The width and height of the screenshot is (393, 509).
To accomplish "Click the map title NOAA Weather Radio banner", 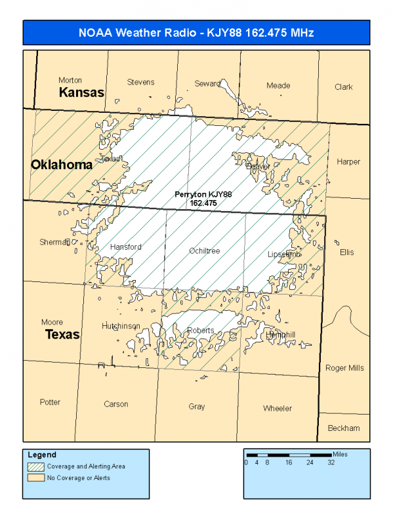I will click(x=196, y=32).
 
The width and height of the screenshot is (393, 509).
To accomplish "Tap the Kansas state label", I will click(x=81, y=92).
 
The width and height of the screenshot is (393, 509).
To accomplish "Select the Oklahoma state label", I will click(x=62, y=165).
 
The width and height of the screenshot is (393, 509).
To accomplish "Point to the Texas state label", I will click(x=62, y=335).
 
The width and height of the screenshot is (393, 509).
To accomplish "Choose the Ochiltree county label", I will click(x=204, y=251).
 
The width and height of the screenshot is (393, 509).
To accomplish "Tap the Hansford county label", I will click(x=125, y=247).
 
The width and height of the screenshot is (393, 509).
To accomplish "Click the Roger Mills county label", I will click(x=344, y=368).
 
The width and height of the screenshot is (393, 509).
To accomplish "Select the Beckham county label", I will click(x=344, y=428).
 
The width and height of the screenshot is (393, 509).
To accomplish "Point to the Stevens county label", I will click(x=140, y=82).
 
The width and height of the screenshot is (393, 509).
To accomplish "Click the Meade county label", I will click(x=278, y=86).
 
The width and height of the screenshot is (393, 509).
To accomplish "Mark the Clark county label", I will click(x=343, y=87).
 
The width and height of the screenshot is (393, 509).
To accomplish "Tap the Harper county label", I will click(x=348, y=162).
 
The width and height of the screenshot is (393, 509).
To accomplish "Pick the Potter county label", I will click(x=50, y=402).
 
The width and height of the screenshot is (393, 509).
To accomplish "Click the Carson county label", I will click(x=116, y=404).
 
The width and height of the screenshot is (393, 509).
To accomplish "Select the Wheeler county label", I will click(x=278, y=409).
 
